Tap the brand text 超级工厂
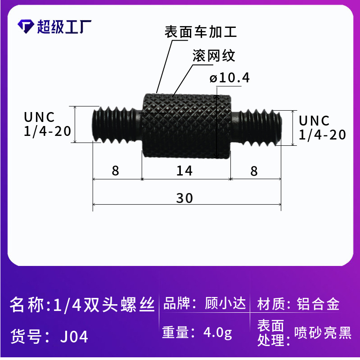pos(64,27)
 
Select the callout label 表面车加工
pos(200,31)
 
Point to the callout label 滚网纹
pos(214,55)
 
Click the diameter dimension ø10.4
pos(229,77)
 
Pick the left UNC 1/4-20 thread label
pos(47,124)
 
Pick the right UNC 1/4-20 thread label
pos(322,128)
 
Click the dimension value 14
pos(184,171)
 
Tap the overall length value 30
pos(184,198)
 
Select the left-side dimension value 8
pos(116,171)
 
